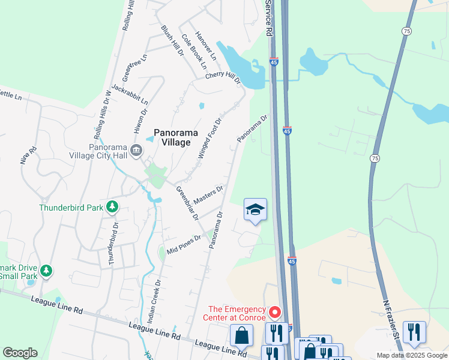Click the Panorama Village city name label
[x=172, y=137]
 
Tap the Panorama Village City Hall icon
[x=136, y=150]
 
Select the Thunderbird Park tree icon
[x=112, y=208]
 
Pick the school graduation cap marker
[x=255, y=209]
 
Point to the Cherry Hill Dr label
[x=223, y=77]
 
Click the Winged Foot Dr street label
[x=210, y=138]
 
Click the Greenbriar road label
[x=187, y=203]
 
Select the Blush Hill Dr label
[x=173, y=41]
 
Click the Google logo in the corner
[x=20, y=353]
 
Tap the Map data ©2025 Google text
[x=412, y=355]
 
